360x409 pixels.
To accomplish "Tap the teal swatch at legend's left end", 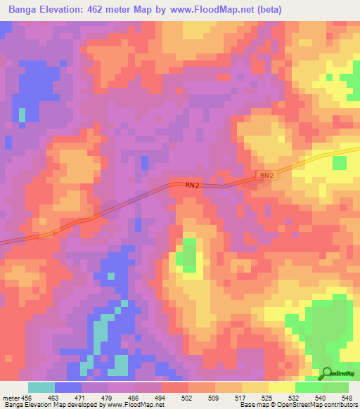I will coord(41,387).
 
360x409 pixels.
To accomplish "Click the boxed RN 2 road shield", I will coord(266,175).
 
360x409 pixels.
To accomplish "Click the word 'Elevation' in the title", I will coord(67,9).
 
